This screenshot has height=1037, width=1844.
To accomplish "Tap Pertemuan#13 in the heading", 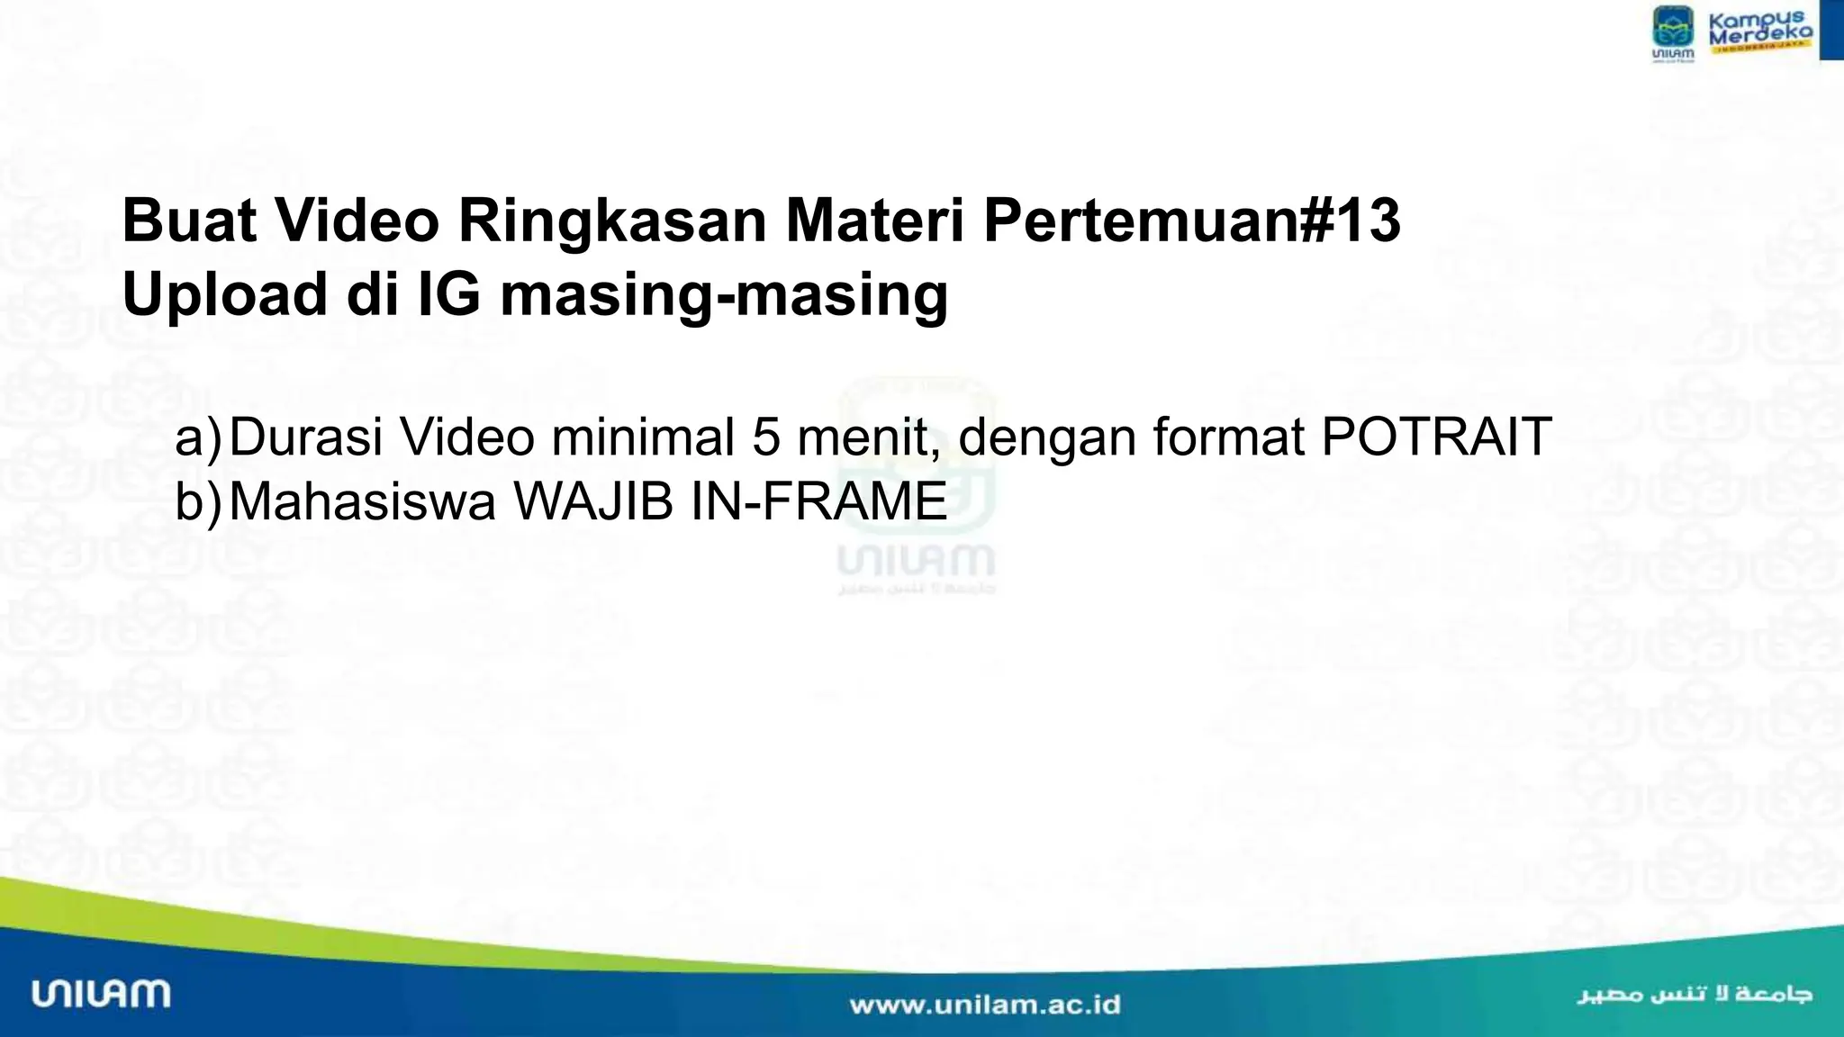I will (1191, 221).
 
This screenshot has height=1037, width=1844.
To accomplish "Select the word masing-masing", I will (724, 295).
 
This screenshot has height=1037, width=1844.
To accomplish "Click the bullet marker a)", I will (197, 437).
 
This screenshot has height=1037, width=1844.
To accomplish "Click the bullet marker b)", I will (197, 501).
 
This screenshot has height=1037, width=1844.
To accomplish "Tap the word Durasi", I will (306, 437).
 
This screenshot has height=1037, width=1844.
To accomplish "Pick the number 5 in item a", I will (766, 437).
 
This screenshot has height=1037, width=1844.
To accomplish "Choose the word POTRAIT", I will (1436, 437).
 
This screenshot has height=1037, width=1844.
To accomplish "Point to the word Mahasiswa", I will (362, 501).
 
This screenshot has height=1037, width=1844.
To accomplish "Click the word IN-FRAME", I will (818, 501).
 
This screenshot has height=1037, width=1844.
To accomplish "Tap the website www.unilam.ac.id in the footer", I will (985, 1005).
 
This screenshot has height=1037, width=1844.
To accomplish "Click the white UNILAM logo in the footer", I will (101, 994).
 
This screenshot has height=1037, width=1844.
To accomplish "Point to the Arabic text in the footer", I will (1694, 995).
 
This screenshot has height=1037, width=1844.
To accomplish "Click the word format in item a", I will (1229, 437).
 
